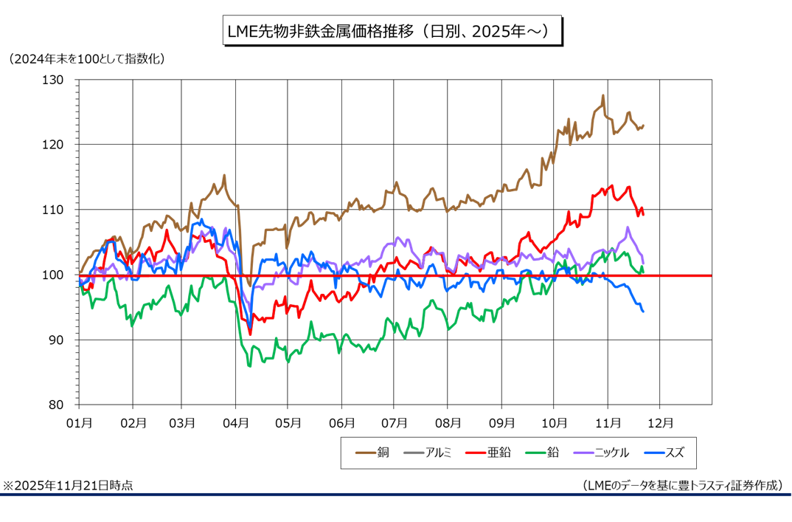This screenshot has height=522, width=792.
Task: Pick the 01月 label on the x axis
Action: pos(79,423)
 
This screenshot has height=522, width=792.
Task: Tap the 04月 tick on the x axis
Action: pos(236,423)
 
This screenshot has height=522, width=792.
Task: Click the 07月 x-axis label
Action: pos(395,423)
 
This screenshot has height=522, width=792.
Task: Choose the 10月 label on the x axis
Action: pos(554,423)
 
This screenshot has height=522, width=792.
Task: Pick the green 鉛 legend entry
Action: pos(542,453)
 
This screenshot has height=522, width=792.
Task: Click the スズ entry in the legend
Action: pos(663,453)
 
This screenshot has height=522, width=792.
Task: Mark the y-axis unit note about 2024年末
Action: pos(86,58)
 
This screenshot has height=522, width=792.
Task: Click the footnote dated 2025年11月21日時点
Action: pos(68,485)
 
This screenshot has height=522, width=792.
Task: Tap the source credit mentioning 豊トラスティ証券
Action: pos(681,485)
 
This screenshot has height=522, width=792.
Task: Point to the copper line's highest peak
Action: pos(602,95)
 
